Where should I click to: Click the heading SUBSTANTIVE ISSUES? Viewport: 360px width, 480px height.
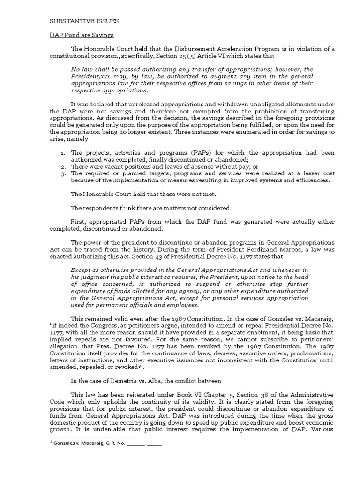click(x=84, y=21)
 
